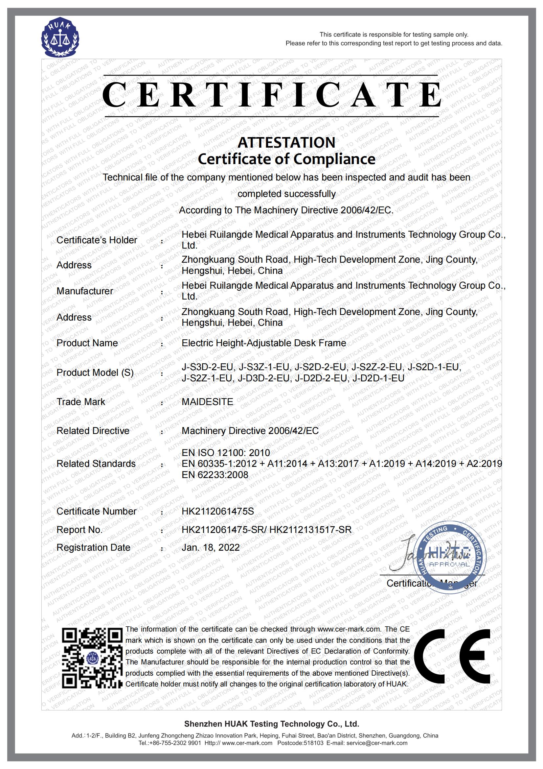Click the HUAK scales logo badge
(60, 37)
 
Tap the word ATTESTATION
(286, 142)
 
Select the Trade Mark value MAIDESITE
(207, 401)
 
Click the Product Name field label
(87, 343)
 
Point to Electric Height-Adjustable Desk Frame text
(264, 343)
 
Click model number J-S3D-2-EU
(207, 367)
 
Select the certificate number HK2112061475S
(217, 511)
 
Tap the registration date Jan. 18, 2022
(211, 547)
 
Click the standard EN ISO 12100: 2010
(225, 452)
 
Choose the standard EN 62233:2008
(215, 475)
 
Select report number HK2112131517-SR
(310, 530)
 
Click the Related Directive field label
(93, 431)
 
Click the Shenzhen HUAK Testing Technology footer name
(271, 724)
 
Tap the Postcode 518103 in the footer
(300, 743)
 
